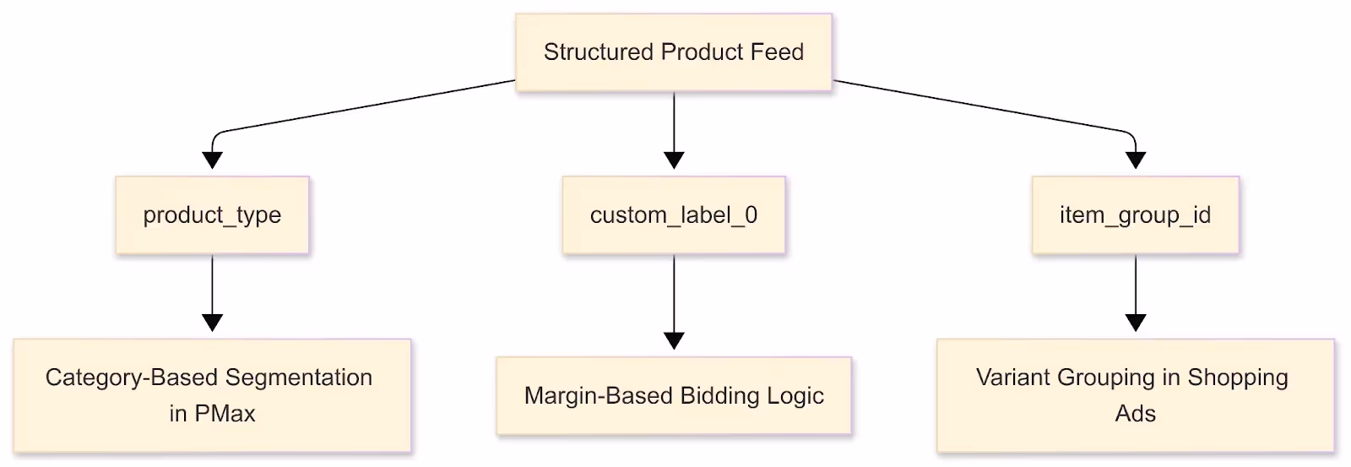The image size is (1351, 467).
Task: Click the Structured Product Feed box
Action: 673,52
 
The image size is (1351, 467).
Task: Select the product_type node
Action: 212,215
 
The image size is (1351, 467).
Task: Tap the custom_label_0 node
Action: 673,215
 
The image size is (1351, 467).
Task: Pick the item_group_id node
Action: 1135,215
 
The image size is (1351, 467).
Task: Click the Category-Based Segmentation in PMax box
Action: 212,395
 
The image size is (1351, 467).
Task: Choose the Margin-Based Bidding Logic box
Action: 673,396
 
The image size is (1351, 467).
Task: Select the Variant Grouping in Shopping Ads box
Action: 1135,395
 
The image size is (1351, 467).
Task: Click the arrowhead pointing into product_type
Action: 212,160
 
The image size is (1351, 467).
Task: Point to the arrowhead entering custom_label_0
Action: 673,160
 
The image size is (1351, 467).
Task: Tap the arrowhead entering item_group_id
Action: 1135,160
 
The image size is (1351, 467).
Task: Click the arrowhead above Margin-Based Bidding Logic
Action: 673,340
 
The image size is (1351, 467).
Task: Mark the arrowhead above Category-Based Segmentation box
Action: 212,323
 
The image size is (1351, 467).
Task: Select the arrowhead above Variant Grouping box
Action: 1135,323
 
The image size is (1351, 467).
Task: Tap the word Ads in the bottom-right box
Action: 1135,414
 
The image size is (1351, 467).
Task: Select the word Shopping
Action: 1237,377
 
